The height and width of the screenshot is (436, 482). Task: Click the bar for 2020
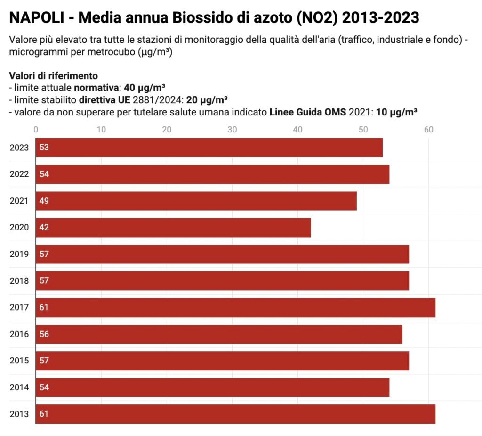(x=173, y=227)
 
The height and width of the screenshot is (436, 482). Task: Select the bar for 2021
(x=196, y=201)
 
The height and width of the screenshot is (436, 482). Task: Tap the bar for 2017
(x=235, y=307)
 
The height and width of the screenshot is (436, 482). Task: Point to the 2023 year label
(x=19, y=148)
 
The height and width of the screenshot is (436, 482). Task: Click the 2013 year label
(x=19, y=414)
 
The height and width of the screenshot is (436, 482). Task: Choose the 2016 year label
(x=19, y=334)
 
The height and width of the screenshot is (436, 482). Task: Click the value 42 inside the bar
(x=44, y=227)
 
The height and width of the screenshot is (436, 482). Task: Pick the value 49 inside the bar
(x=44, y=201)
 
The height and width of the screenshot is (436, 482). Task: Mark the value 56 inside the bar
(x=44, y=334)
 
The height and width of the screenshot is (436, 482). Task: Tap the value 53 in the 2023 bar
(x=44, y=148)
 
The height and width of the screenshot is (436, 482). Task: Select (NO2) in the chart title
(x=314, y=18)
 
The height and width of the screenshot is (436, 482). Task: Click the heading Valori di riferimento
(x=53, y=76)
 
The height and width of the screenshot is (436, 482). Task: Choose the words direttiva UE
(x=104, y=100)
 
